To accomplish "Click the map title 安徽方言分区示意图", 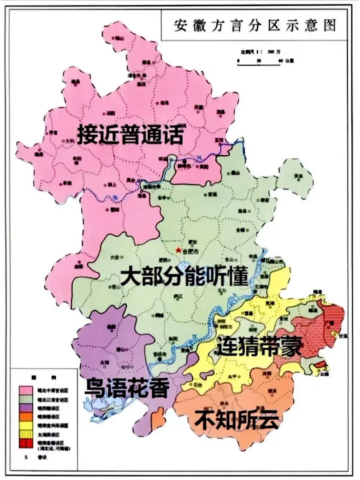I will click(255, 26).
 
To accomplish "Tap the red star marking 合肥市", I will click(178, 250).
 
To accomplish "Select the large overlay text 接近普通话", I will click(130, 135).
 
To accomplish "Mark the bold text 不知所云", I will click(236, 419).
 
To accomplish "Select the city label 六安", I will click(114, 257).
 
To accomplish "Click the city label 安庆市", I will click(160, 354).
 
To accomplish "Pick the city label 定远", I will click(212, 194).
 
